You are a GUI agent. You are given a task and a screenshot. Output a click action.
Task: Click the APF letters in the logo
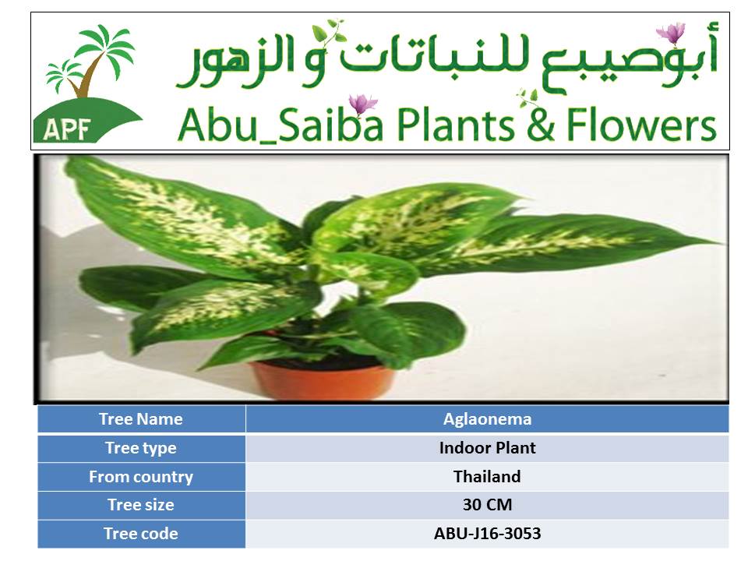click(67, 129)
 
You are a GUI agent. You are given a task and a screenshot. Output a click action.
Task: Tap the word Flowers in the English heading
click(641, 125)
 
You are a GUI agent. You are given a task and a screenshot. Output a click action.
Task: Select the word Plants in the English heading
click(455, 125)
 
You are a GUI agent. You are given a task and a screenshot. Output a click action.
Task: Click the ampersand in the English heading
click(541, 125)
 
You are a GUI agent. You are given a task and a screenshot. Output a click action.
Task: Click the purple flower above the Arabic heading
click(671, 34)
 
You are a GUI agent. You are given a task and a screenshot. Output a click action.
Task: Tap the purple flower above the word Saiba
click(362, 104)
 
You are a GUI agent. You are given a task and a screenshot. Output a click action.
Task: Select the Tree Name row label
click(141, 419)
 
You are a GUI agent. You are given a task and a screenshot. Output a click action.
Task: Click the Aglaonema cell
click(487, 419)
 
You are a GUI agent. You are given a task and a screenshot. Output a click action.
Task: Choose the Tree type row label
click(141, 448)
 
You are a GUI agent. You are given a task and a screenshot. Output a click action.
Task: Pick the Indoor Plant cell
click(487, 448)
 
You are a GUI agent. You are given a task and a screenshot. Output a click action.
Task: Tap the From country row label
click(141, 477)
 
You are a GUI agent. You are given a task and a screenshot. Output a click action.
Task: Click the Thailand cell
click(487, 477)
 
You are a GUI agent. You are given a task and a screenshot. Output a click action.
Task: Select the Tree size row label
click(141, 505)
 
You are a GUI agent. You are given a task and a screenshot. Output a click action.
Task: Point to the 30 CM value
click(487, 505)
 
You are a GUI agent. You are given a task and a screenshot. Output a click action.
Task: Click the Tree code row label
click(141, 533)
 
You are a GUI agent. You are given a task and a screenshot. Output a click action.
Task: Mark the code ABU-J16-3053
click(487, 533)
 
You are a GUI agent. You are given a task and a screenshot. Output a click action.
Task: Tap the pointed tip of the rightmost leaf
click(722, 243)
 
